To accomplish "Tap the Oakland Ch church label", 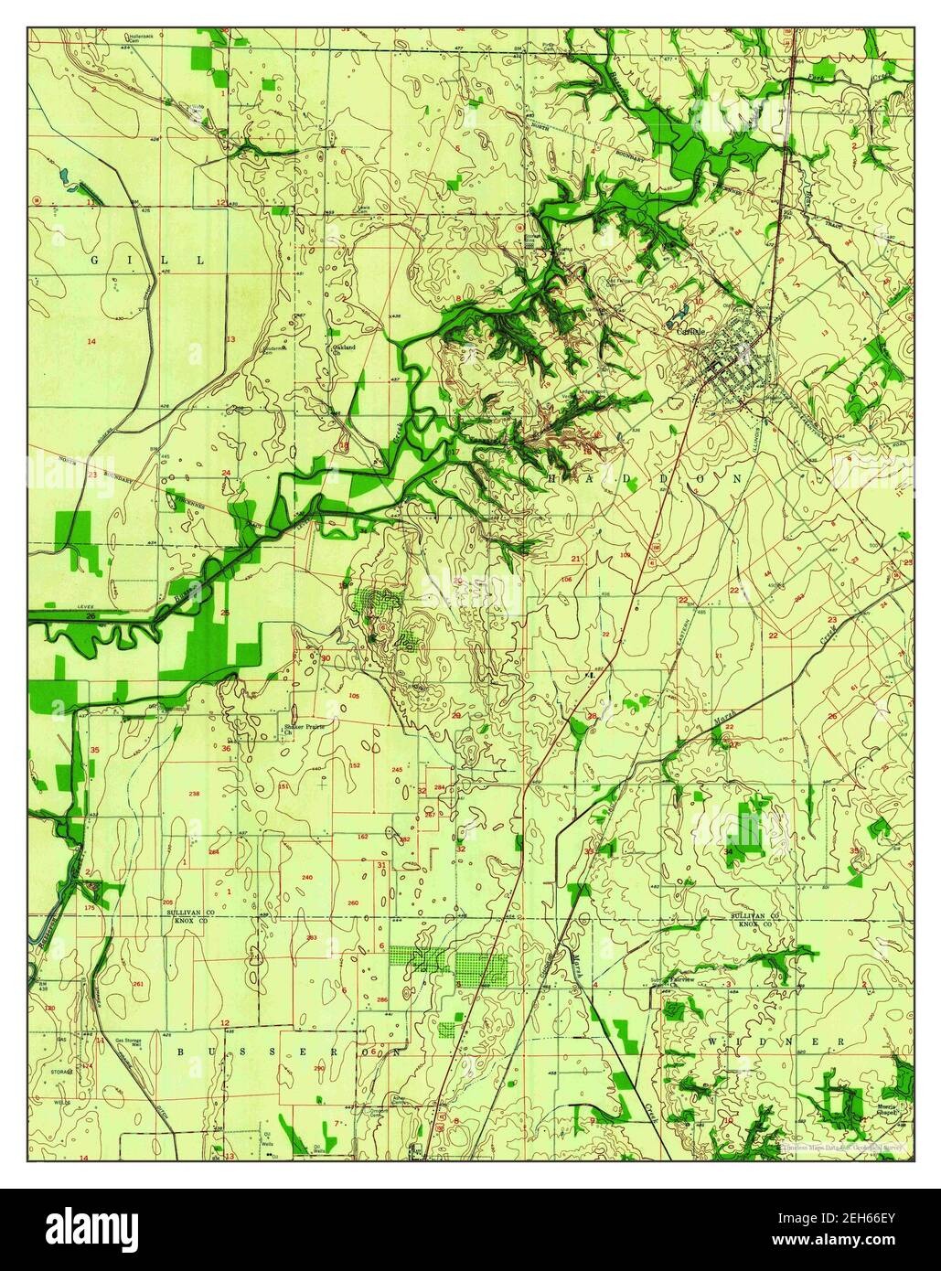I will [343, 349].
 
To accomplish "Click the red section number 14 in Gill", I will [91, 341].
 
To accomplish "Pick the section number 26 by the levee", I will [90, 617].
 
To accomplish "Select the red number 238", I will [194, 793].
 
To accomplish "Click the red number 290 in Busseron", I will [318, 1068].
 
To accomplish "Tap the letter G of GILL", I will [94, 261].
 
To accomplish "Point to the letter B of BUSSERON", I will [180, 1052].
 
